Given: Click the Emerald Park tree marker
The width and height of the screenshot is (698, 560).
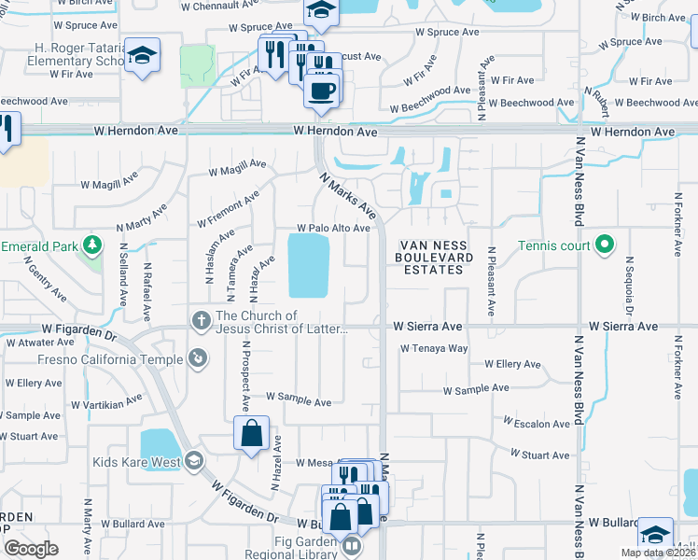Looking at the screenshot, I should pos(92,245).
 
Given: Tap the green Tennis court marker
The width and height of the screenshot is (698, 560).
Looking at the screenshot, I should pos(605,246).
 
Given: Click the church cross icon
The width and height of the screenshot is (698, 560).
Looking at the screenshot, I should pos(199,320).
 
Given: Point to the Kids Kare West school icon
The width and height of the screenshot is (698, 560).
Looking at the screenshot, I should pos(194,461).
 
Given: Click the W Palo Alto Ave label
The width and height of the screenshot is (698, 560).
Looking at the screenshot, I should pos(334,228).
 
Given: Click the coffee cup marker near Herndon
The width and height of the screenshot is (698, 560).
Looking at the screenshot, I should pos(322,91).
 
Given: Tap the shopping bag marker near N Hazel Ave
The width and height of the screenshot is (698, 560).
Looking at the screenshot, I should pos(251,433).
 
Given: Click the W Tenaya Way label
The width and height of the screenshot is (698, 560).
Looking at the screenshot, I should pos(434,348).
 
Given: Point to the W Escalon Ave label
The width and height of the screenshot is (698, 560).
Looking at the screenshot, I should pos(538,424).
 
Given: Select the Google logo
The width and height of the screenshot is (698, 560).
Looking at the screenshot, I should pos(31,549).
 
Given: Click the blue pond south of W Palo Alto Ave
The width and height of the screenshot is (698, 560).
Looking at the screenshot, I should pos(309,264).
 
